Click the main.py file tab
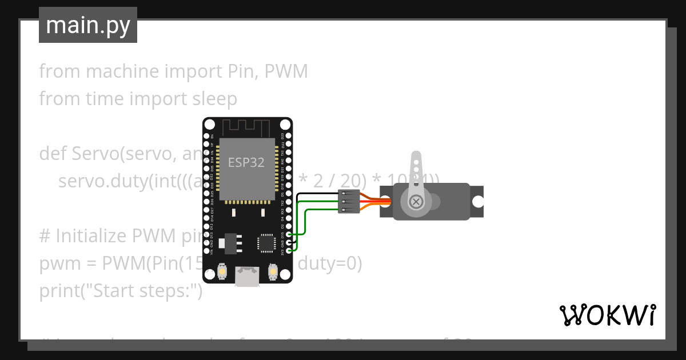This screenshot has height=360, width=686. coord(87,25)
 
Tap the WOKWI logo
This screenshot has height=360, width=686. coord(607,315)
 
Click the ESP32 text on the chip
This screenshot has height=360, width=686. coord(246,162)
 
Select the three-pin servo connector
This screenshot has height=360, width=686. coord(349,202)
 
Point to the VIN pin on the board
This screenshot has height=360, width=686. coord(206,250)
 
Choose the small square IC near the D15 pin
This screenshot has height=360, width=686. coord(266,243)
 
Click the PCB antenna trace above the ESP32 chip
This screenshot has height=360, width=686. coord(247,127)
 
